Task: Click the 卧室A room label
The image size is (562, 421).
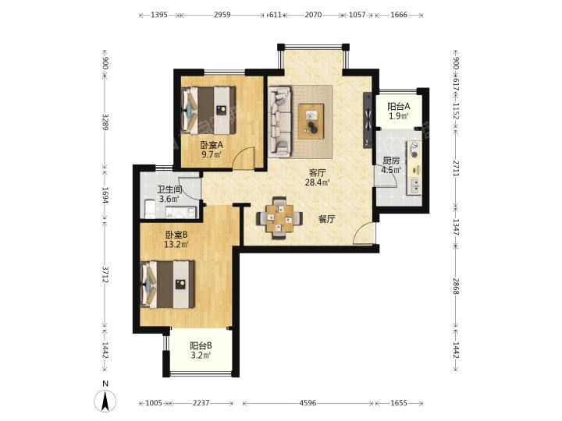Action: [x=212, y=145]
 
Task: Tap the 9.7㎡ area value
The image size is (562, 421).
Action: [x=212, y=154]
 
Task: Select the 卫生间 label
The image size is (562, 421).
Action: [x=169, y=189]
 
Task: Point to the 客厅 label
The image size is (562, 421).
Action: [x=317, y=173]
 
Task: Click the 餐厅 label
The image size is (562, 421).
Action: [x=327, y=219]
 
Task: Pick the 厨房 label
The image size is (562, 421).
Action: [x=391, y=161]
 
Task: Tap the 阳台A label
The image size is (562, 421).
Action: [x=399, y=106]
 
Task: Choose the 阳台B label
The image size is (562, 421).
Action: [x=201, y=346]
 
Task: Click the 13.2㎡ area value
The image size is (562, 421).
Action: [x=176, y=245]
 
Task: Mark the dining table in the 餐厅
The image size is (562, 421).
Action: [x=279, y=218]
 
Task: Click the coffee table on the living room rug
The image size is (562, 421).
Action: [x=311, y=121]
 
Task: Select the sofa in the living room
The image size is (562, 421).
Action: [x=280, y=122]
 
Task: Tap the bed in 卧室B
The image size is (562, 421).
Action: [x=168, y=285]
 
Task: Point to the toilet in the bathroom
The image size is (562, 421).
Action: [x=150, y=210]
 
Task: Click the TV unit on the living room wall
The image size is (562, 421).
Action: [x=368, y=120]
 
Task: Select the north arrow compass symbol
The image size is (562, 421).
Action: [x=105, y=401]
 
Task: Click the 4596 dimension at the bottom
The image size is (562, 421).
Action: [x=308, y=403]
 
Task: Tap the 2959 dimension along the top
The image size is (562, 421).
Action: [x=222, y=15]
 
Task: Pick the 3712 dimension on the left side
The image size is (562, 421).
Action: [x=105, y=274]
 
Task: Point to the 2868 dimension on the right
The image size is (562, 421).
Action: [x=456, y=286]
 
